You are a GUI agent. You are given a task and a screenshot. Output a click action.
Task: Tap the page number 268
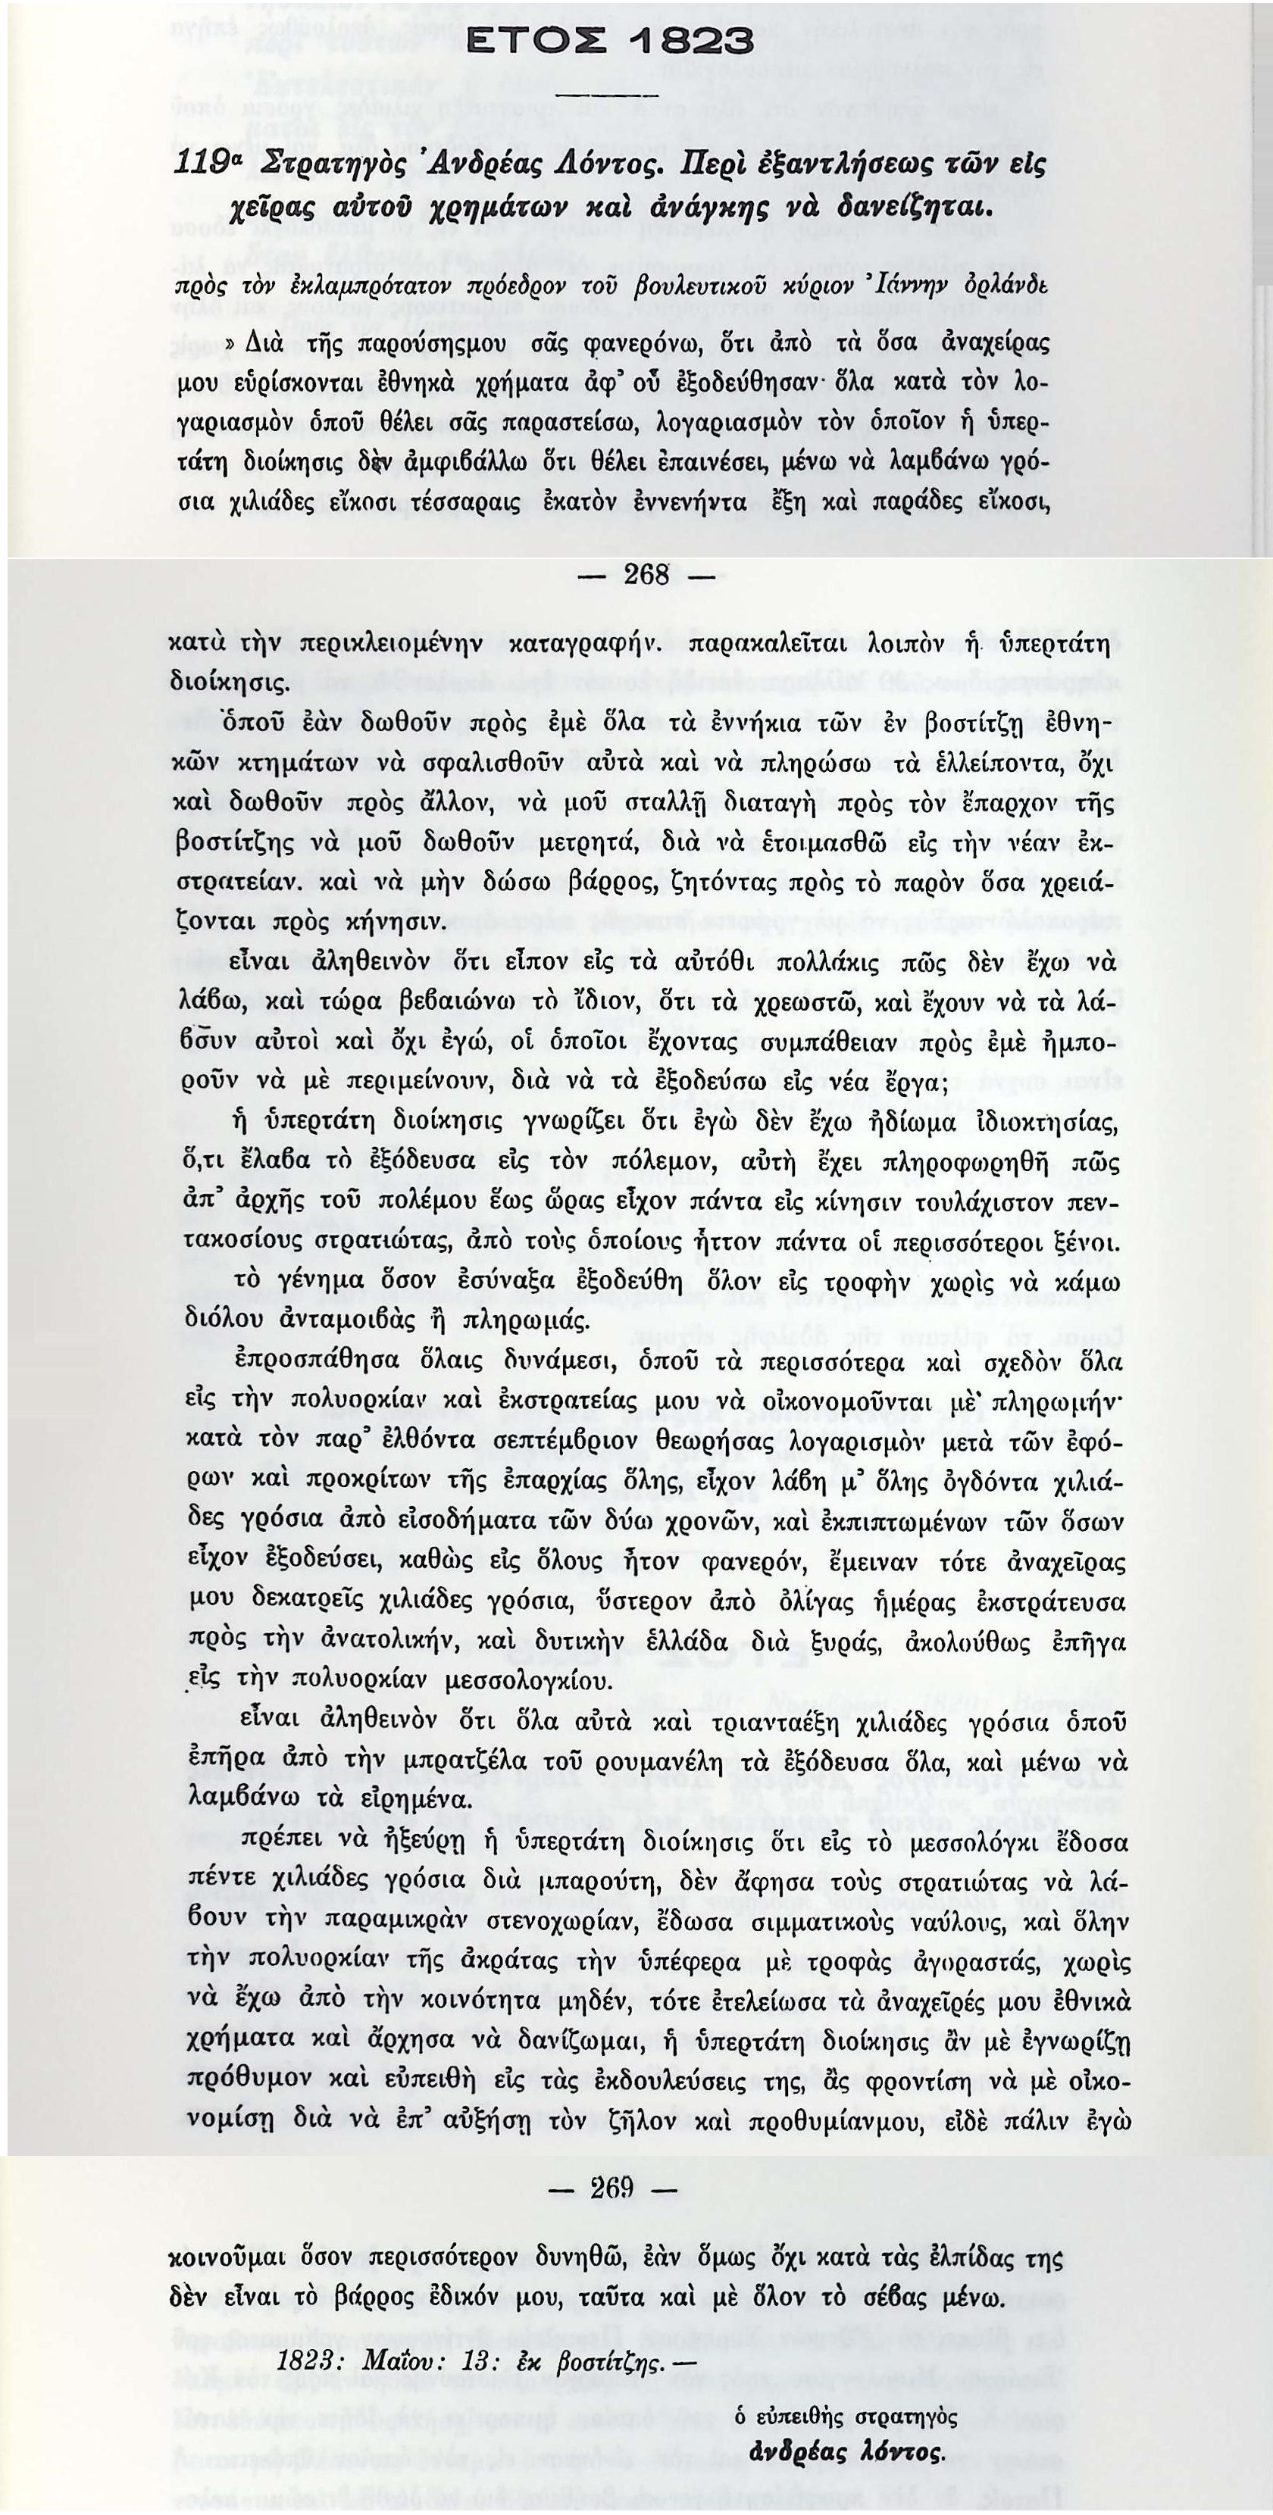pos(646,575)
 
